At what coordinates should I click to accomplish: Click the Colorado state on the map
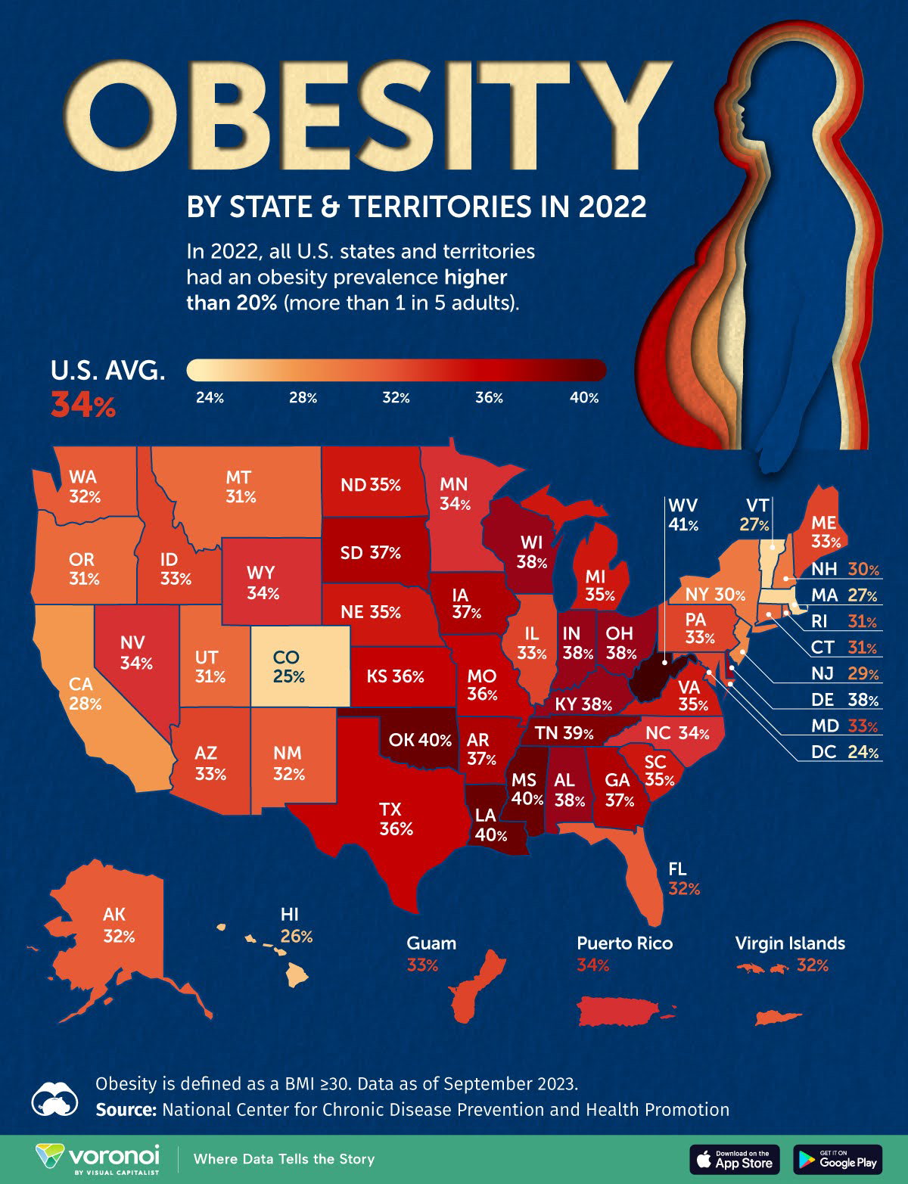click(300, 666)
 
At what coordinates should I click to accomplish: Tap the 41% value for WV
click(683, 524)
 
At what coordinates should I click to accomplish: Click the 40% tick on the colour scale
click(583, 398)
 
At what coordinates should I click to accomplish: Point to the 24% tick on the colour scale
click(210, 398)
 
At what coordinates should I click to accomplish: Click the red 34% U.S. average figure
click(83, 406)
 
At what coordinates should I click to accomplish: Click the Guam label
click(431, 943)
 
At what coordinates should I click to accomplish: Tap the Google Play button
click(838, 1159)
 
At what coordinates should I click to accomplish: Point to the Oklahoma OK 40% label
click(421, 740)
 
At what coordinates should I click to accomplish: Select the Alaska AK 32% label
click(119, 925)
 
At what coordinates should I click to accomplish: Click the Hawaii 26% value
click(297, 937)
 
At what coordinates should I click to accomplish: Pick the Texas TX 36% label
click(396, 819)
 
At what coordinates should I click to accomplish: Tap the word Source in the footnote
click(125, 1110)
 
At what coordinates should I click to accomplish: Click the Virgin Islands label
click(790, 943)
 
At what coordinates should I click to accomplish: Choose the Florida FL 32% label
click(684, 878)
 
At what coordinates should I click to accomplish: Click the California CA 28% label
click(85, 694)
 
